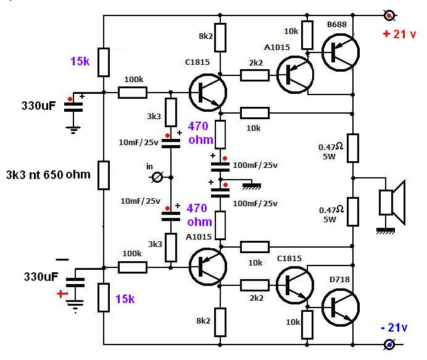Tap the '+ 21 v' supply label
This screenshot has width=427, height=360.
(x=399, y=35)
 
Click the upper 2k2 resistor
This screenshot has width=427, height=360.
(x=254, y=75)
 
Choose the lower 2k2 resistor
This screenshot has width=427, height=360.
(x=254, y=285)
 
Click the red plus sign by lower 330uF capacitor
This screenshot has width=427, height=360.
(x=60, y=295)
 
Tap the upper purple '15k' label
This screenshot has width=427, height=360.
(x=80, y=62)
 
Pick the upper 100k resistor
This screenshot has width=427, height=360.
(x=133, y=93)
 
